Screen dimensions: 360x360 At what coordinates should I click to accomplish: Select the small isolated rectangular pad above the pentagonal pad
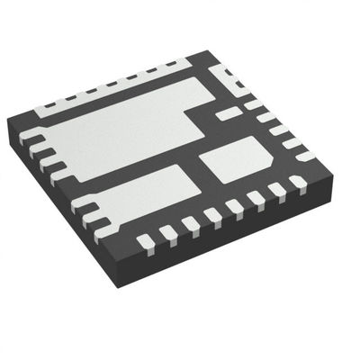click(x=230, y=113)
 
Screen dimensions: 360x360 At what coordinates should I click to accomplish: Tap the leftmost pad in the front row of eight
click(x=145, y=240)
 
